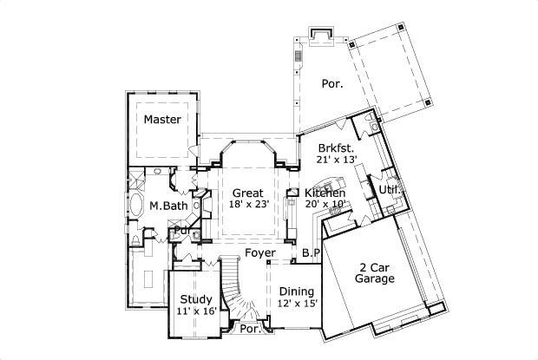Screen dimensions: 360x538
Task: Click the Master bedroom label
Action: pos(163,119)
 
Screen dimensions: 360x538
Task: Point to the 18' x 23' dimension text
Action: pos(249,205)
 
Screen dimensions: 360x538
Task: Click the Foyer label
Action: pos(259,253)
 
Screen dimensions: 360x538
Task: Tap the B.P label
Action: pos(311,253)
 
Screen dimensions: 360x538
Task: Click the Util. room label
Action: pos(388,188)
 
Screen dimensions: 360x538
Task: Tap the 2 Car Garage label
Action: pos(374,273)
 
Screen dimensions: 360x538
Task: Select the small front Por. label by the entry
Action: pos(250,330)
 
